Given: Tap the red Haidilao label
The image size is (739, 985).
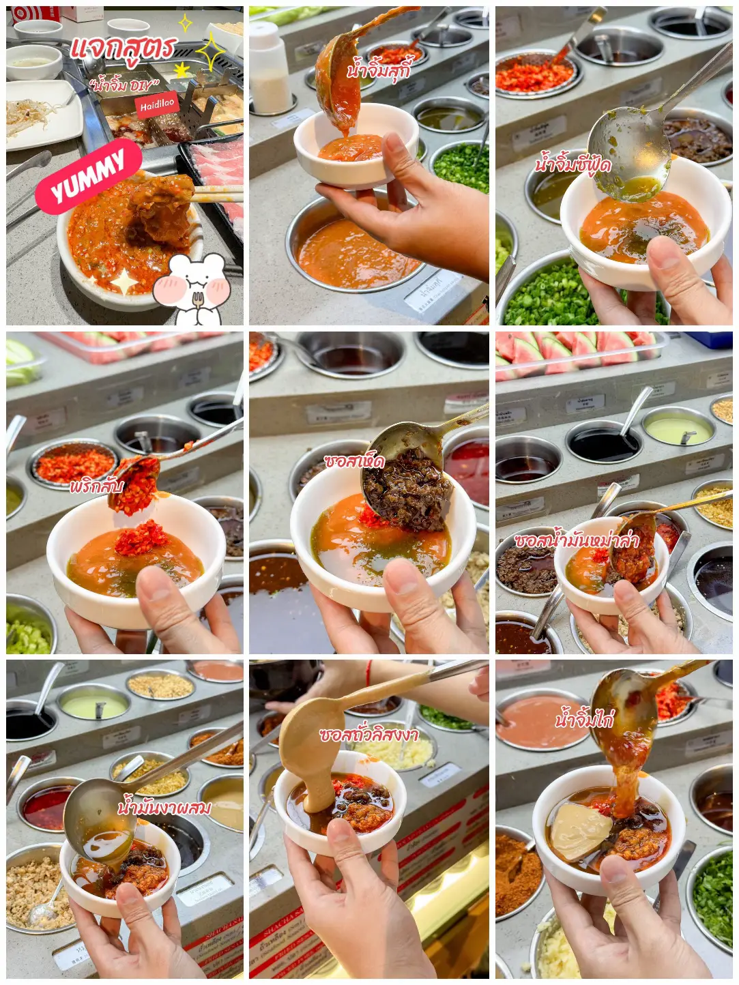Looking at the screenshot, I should pos(158,105).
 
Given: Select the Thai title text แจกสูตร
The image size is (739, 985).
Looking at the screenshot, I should pos(124,48).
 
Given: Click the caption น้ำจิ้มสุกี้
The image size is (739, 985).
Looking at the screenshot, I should pos(379,69).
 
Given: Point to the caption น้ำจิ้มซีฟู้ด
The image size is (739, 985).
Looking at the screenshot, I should pos(573,164).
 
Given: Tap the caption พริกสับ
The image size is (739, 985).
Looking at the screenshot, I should pos(96,487).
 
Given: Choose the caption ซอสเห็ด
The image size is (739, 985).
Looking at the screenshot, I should pos(354,462).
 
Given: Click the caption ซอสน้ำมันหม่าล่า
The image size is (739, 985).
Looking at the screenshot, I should pos(577,540).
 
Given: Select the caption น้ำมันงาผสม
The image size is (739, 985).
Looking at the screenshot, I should pos(164,808).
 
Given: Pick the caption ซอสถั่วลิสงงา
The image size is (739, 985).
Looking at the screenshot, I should pos(368,735).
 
